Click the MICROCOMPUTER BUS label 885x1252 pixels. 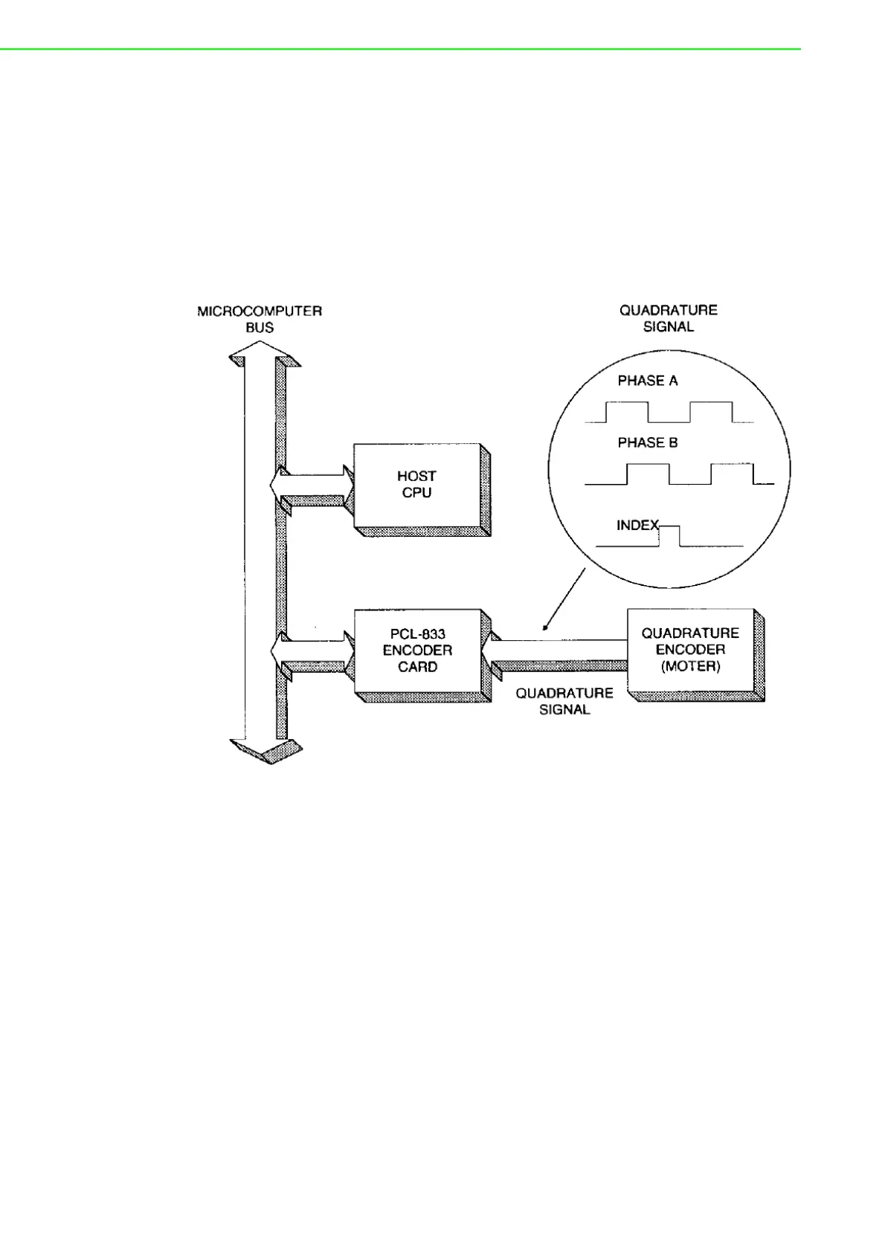(260, 319)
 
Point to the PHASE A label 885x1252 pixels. (648, 381)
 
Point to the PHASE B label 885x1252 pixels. (648, 442)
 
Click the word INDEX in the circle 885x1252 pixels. (637, 526)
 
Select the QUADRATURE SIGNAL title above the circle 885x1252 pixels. (668, 318)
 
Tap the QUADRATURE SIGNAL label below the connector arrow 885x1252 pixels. (564, 701)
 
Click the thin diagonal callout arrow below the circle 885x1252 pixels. (564, 599)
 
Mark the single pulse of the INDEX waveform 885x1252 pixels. (670, 535)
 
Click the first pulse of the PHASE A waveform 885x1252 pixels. (627, 412)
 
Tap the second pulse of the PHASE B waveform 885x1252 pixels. (732, 474)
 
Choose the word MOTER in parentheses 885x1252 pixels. (690, 666)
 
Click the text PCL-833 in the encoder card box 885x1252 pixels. (417, 634)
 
